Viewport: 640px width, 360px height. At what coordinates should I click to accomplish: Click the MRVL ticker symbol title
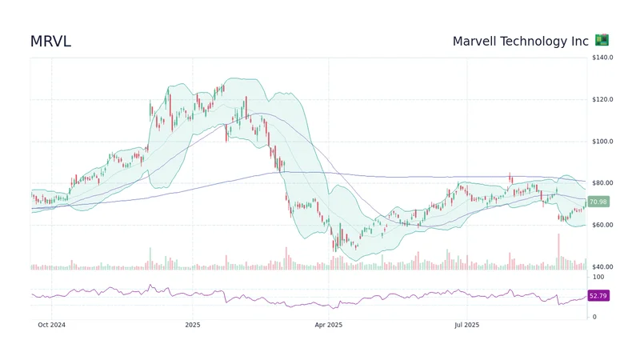(x=50, y=42)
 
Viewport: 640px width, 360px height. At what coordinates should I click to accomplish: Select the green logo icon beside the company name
(x=602, y=40)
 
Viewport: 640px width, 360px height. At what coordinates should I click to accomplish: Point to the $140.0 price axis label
(x=602, y=58)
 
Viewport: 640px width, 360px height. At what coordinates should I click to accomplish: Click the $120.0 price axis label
(x=602, y=100)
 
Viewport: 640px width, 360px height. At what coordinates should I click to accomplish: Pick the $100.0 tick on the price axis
(x=602, y=142)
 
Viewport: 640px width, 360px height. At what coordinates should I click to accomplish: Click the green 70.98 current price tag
(x=598, y=202)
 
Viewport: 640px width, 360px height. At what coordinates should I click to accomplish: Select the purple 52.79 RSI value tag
(x=598, y=296)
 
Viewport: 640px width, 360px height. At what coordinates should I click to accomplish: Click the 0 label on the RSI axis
(x=594, y=317)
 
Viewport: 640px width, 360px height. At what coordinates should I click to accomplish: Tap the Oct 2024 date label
(x=51, y=325)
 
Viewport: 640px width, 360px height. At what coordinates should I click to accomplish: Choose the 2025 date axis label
(x=192, y=325)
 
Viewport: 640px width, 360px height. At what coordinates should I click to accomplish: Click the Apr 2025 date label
(x=328, y=325)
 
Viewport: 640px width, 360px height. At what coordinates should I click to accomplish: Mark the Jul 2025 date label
(x=466, y=325)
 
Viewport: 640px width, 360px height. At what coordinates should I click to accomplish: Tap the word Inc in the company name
(x=580, y=41)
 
